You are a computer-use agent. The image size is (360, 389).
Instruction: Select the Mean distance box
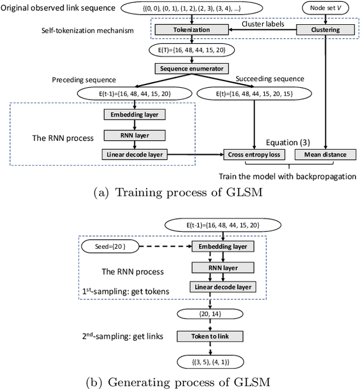(325, 153)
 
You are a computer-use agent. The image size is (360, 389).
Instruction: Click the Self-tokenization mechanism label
(87, 30)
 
